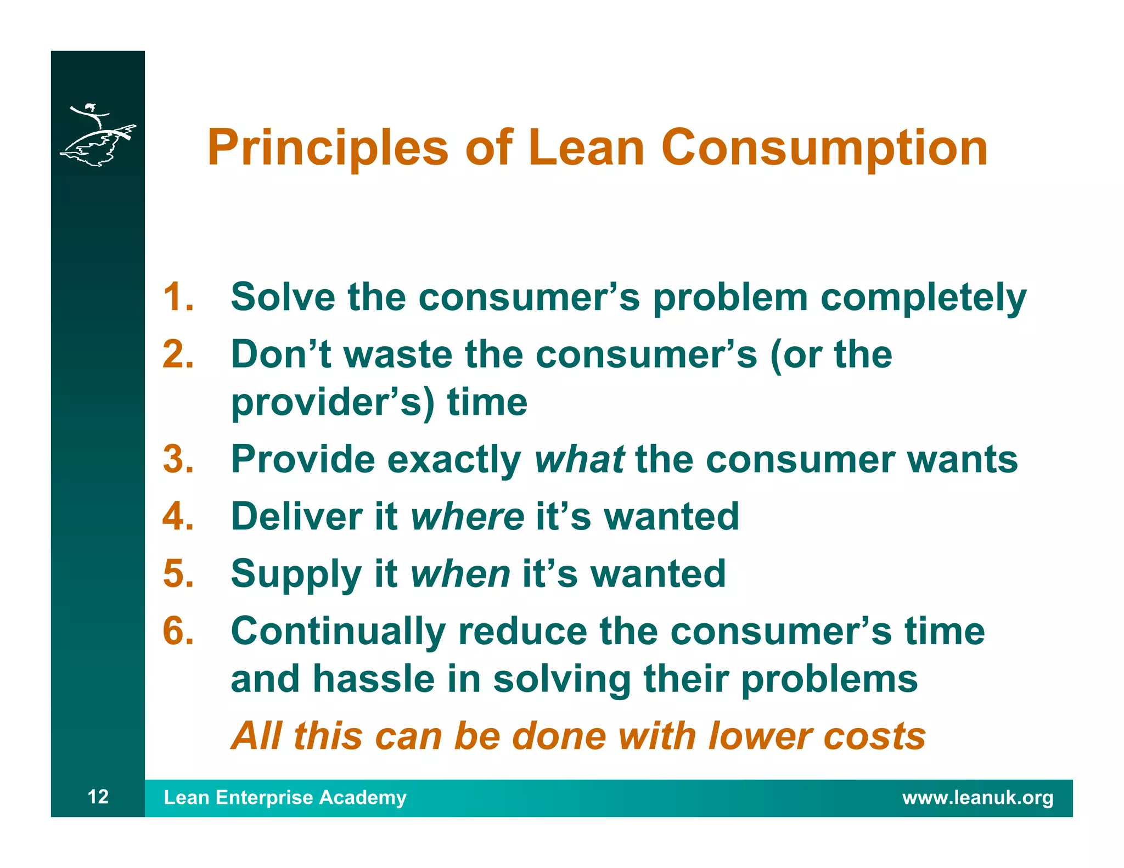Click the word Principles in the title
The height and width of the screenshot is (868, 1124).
328,148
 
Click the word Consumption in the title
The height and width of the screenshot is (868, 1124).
824,148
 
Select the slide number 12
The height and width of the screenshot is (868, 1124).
98,797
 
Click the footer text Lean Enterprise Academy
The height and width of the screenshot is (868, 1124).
285,797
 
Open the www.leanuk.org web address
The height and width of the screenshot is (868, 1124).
977,797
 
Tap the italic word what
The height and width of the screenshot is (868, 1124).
579,459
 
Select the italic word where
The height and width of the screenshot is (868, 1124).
467,516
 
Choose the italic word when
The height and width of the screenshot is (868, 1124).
460,574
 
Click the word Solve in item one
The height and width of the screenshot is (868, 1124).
283,297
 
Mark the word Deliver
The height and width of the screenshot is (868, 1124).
297,516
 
